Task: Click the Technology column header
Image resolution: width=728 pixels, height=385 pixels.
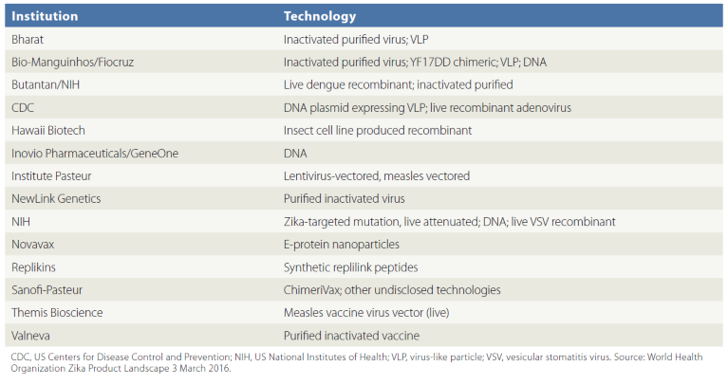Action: point(320,16)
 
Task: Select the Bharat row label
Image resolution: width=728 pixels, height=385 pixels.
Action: point(29,39)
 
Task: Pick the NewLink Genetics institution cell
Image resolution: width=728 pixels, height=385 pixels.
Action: point(56,198)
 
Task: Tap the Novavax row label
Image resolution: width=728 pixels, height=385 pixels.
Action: point(34,244)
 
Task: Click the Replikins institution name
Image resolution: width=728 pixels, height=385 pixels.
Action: point(35,266)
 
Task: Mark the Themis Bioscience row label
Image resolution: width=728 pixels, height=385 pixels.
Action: point(57,312)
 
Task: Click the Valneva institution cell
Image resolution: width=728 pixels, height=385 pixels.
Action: point(32,335)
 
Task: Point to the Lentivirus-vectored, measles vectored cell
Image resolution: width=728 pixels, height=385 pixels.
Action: point(377,175)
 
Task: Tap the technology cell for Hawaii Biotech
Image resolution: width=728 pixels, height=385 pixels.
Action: point(378,130)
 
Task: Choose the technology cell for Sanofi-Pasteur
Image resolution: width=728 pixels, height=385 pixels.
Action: point(392,289)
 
